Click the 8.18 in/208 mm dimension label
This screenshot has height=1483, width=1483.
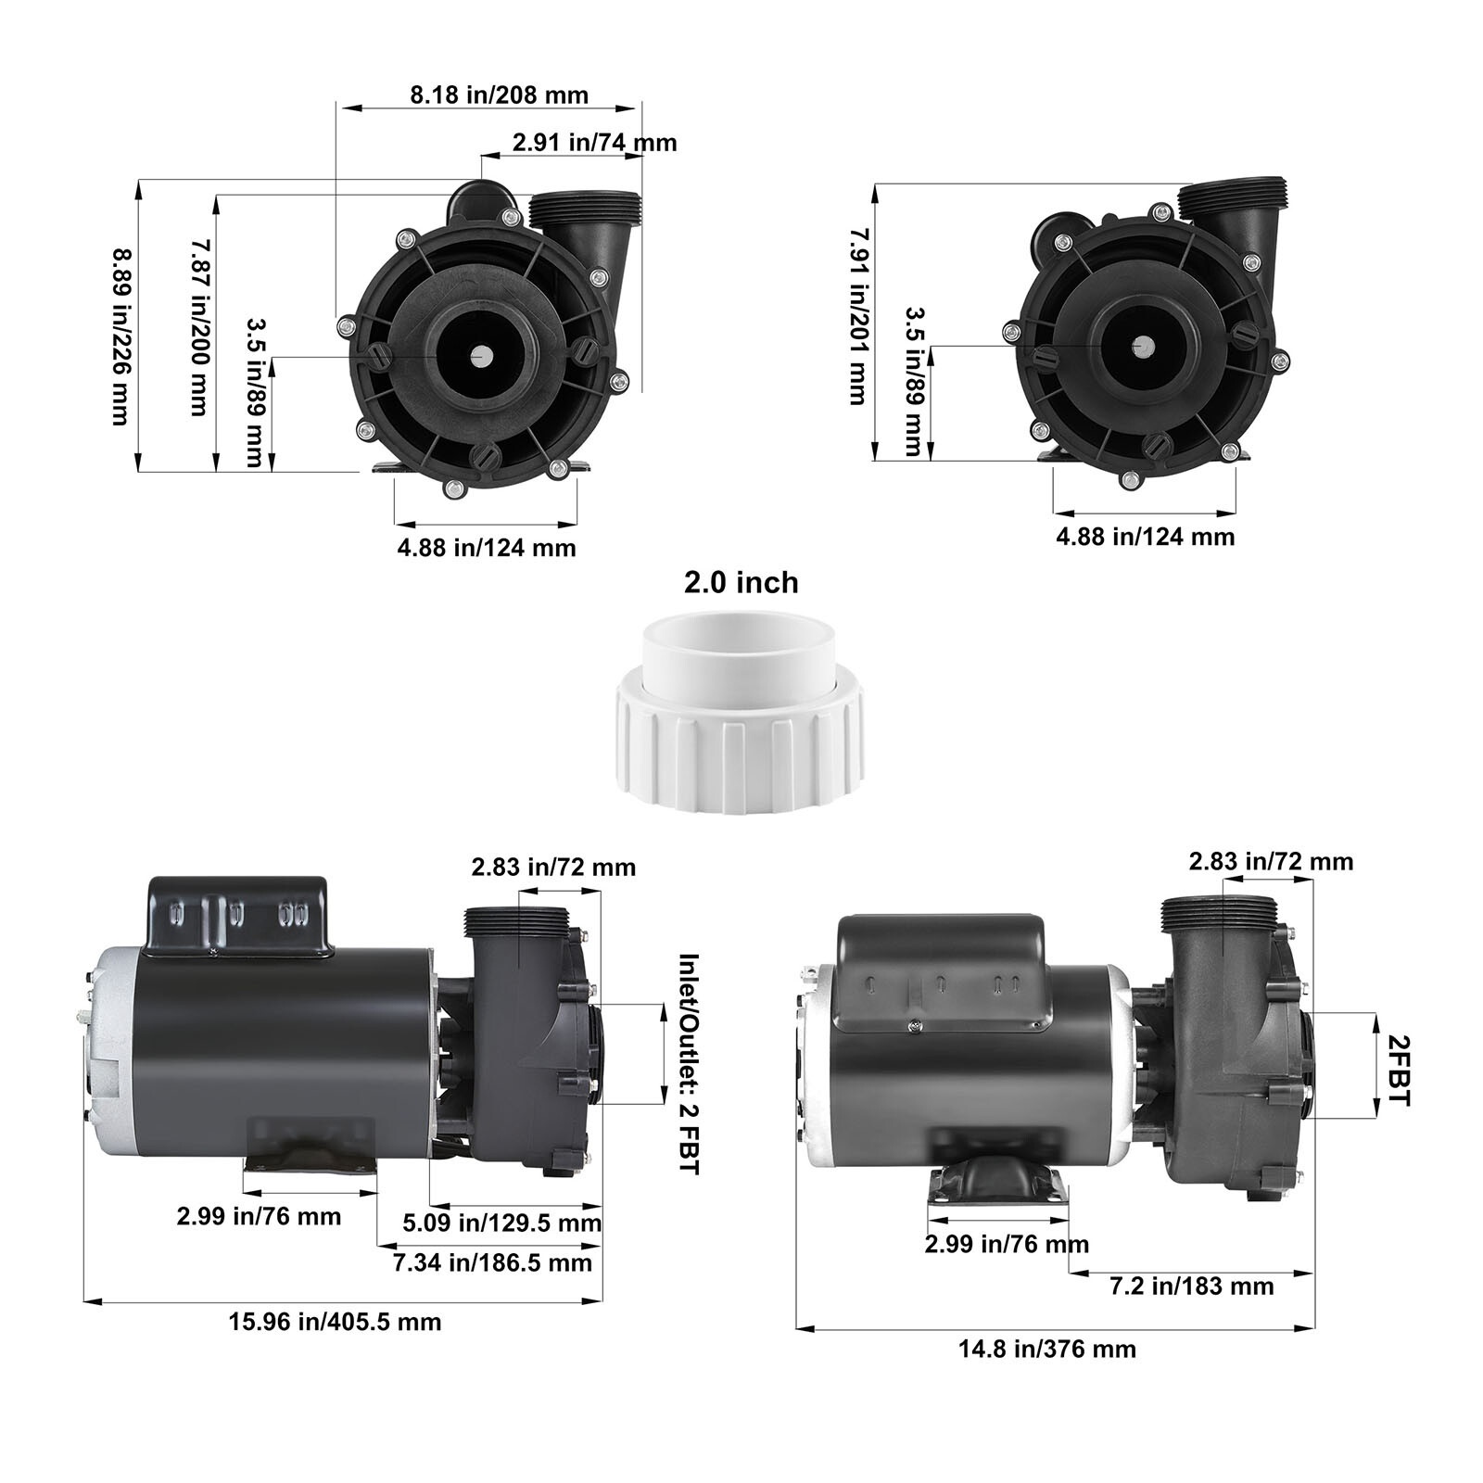(499, 95)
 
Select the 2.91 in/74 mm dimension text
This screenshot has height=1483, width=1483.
(594, 143)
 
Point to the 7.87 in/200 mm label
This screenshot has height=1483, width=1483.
(198, 327)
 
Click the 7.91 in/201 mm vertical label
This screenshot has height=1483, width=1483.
(857, 316)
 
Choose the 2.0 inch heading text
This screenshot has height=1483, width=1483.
(741, 583)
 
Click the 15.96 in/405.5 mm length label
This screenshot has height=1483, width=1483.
(335, 1321)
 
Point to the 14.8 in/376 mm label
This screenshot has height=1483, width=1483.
(1046, 1348)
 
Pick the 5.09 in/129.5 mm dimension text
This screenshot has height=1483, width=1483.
(501, 1223)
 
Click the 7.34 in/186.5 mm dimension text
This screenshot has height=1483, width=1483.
(492, 1261)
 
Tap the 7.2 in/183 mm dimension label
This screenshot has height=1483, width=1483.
(1191, 1286)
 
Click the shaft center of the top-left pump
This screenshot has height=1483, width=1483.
(481, 355)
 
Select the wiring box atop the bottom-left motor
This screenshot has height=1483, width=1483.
(239, 915)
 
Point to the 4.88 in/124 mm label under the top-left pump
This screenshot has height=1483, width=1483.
(487, 548)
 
